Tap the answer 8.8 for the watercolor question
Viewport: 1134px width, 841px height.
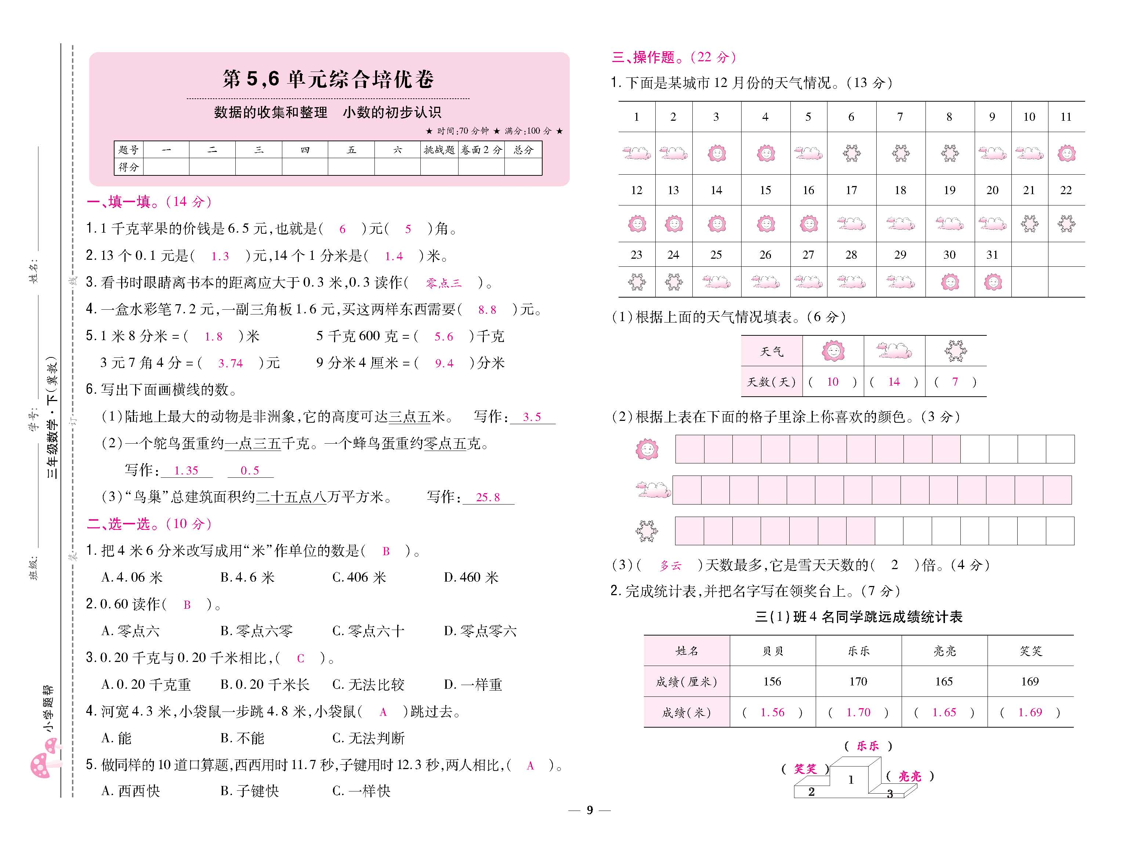coord(487,310)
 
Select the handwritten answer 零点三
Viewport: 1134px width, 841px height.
coord(443,283)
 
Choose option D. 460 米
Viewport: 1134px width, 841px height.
coord(471,577)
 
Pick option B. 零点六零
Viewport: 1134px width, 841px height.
coord(256,631)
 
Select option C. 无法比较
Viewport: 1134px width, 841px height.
coord(368,685)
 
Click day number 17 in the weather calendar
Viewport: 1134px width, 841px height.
coord(851,190)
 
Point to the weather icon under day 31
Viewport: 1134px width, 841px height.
coord(992,282)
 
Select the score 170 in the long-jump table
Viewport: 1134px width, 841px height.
coord(858,682)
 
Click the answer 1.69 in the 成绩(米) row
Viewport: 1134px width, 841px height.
coord(1030,713)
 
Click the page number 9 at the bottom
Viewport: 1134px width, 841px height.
coord(590,810)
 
